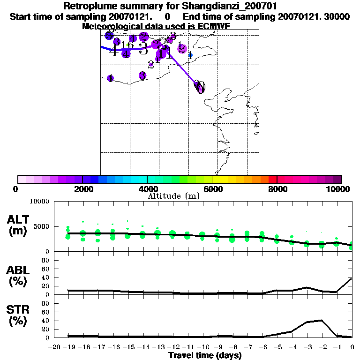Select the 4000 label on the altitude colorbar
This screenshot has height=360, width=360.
pos(147,189)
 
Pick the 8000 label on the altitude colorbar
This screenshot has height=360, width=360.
pos(277,189)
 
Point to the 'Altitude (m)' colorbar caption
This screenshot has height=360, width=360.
pos(173,196)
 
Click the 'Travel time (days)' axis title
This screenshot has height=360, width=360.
pos(205,356)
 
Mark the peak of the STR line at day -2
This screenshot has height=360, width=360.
pos(322,320)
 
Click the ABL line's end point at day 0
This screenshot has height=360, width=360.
pos(352,278)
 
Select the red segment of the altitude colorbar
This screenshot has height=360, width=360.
pos(273,179)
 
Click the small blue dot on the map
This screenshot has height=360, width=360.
pos(190,55)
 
